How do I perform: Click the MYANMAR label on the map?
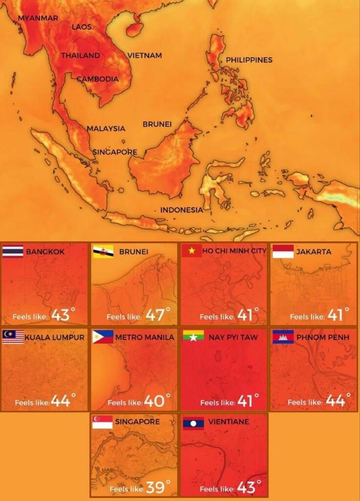coord(38,18)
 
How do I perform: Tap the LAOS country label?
coord(82,27)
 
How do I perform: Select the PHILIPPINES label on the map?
coord(249,60)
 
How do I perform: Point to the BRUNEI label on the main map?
coord(157,124)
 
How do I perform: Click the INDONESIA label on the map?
coord(181,210)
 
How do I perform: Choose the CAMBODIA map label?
coord(97,79)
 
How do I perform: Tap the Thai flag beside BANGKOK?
coord(13,251)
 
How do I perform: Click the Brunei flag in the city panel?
coord(103,251)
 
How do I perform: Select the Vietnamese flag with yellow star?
coord(192,251)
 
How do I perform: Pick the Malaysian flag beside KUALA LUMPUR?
coord(13,337)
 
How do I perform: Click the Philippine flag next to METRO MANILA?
coord(103,337)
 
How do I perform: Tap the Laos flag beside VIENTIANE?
coord(194,423)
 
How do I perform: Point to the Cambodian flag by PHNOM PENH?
coord(283,337)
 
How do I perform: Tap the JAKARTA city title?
coord(314,251)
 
